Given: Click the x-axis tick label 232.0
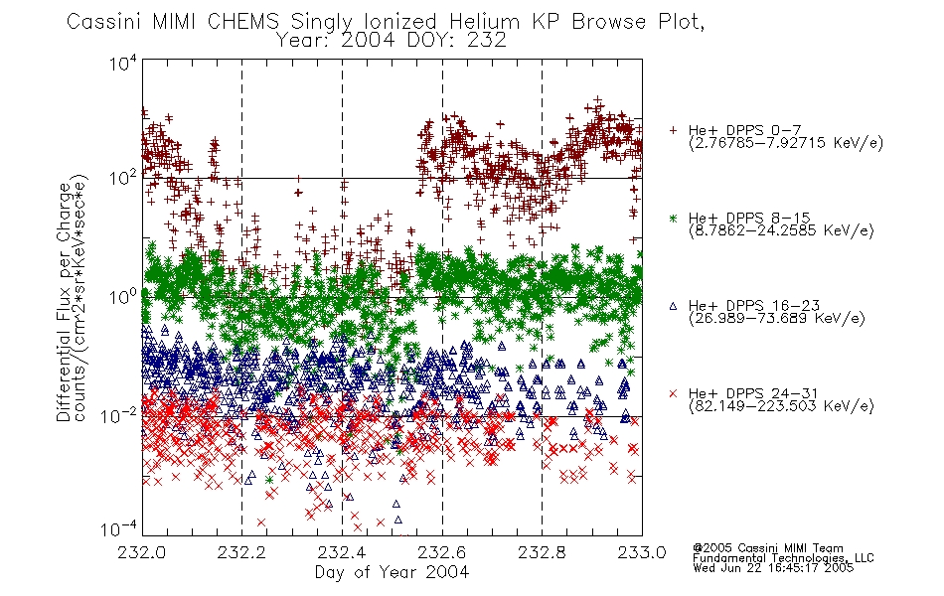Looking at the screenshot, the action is pyautogui.click(x=141, y=552).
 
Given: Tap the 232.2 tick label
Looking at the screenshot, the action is pyautogui.click(x=241, y=552).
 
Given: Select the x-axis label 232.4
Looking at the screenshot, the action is pyautogui.click(x=342, y=552).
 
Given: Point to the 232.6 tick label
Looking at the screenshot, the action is pyautogui.click(x=442, y=552).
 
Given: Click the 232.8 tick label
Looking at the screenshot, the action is pyautogui.click(x=542, y=552).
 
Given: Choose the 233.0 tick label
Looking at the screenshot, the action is pyautogui.click(x=642, y=552).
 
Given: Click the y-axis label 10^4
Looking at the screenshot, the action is pyautogui.click(x=123, y=64).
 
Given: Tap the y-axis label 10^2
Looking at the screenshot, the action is pyautogui.click(x=123, y=178).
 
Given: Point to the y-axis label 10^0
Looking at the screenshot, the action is pyautogui.click(x=123, y=297).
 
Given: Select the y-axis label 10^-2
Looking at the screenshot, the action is pyautogui.click(x=118, y=415).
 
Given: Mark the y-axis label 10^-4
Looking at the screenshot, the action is pyautogui.click(x=118, y=529).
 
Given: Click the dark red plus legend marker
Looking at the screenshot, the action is pyautogui.click(x=673, y=130).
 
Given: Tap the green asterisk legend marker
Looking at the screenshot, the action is pyautogui.click(x=673, y=218).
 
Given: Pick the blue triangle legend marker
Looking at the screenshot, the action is pyautogui.click(x=673, y=306).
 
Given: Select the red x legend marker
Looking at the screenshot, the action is pyautogui.click(x=673, y=393).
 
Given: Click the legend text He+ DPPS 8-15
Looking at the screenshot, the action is pyautogui.click(x=749, y=218).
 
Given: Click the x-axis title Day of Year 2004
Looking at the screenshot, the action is pyautogui.click(x=392, y=572).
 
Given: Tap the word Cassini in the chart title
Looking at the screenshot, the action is pyautogui.click(x=104, y=22).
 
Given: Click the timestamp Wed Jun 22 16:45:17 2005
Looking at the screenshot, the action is pyautogui.click(x=773, y=567).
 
